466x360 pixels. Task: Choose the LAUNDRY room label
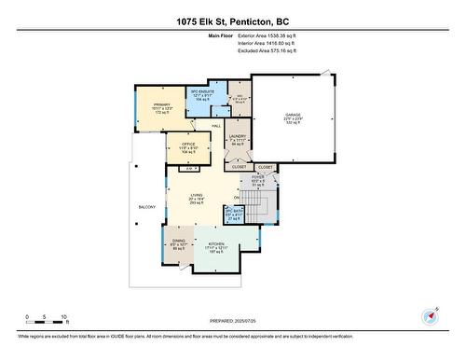click(237, 136)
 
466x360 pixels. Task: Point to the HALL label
click(214, 125)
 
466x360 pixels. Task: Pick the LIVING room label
click(197, 195)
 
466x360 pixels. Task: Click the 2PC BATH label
click(233, 214)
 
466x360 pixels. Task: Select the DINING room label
click(180, 244)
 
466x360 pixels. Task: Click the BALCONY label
click(147, 206)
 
